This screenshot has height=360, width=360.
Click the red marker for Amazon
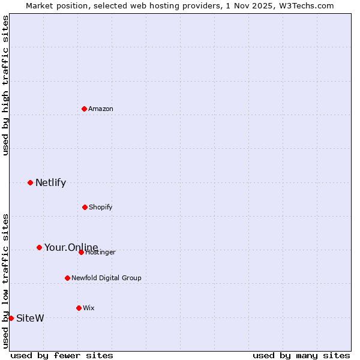tap(84, 109)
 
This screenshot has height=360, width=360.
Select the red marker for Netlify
tap(30, 182)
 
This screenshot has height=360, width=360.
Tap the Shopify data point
tap(85, 207)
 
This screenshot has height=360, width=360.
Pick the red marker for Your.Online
tap(39, 247)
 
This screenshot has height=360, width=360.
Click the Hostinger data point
tap(81, 252)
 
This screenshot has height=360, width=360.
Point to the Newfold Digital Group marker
tap(67, 278)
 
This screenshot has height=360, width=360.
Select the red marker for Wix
tap(79, 308)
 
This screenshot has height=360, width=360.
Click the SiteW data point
tap(11, 318)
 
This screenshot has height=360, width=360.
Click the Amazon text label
tap(101, 109)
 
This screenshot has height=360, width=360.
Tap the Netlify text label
tap(50, 182)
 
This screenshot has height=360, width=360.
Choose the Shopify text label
tap(101, 207)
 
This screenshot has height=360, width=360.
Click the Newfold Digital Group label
tap(106, 278)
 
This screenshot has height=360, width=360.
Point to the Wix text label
tap(89, 308)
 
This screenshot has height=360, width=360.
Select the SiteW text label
tap(30, 318)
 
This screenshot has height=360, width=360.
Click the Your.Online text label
tap(71, 247)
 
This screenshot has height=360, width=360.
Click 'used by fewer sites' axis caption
tap(62, 355)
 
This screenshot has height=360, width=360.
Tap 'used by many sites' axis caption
tap(301, 355)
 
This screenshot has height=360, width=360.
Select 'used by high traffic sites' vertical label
tap(5, 85)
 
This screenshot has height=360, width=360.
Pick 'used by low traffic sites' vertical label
tap(5, 280)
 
